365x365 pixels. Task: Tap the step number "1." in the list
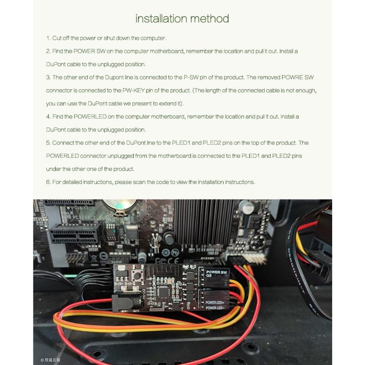[x=48, y=38]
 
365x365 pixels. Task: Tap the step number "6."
[x=48, y=182]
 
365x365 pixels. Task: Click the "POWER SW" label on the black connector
[x=216, y=272]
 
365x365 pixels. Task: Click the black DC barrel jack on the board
[x=123, y=302]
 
